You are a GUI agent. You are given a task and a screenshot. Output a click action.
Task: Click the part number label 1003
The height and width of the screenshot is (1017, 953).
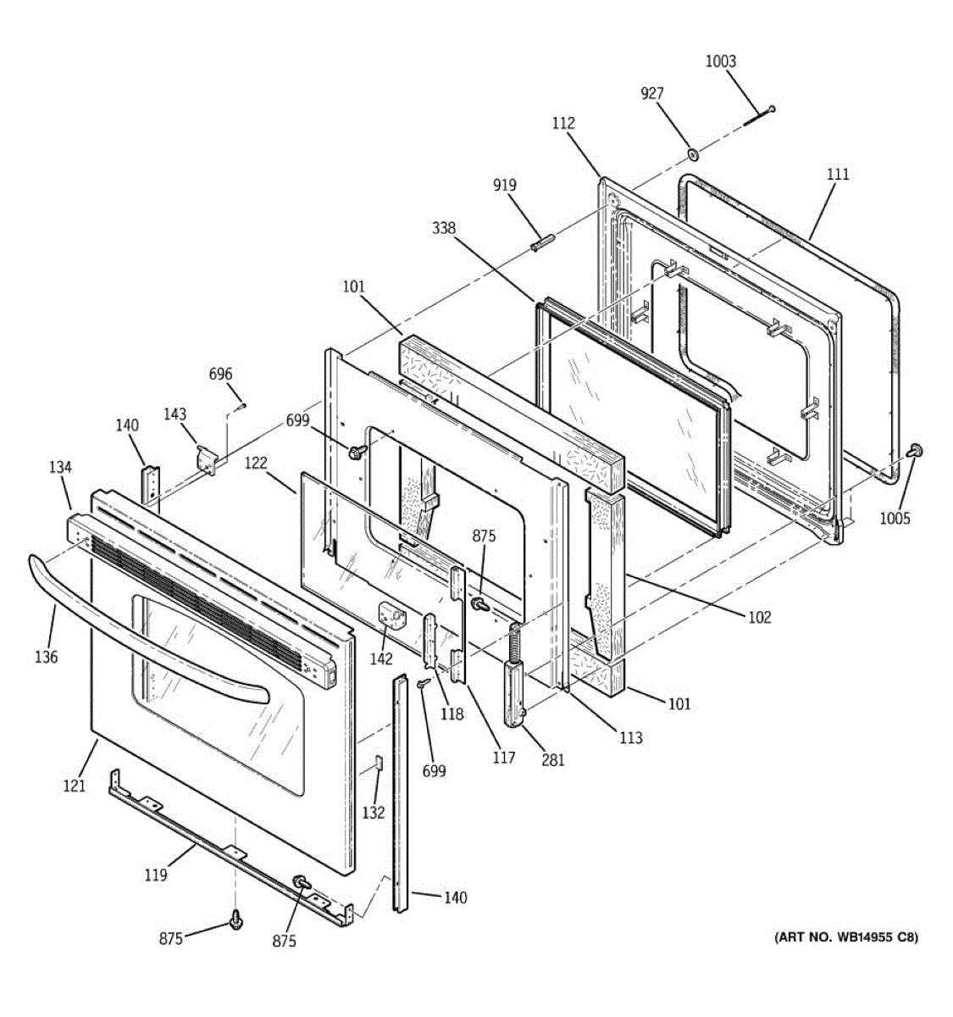[721, 61]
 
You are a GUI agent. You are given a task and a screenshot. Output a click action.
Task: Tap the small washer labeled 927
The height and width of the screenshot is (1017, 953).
[692, 154]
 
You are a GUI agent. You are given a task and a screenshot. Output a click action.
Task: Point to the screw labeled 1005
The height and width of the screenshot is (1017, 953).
[915, 451]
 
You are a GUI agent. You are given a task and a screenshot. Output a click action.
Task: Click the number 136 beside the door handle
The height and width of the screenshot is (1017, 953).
[47, 657]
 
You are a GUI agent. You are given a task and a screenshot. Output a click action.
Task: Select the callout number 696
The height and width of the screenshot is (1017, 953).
[220, 375]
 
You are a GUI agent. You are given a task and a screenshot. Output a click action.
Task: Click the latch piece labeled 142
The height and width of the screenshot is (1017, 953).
[392, 614]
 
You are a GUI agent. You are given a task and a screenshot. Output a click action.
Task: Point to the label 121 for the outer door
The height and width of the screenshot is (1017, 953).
[75, 786]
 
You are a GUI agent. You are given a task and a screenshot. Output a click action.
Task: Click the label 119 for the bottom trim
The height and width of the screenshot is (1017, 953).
[155, 875]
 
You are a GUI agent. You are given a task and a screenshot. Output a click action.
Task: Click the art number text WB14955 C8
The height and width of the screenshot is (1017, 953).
[845, 936]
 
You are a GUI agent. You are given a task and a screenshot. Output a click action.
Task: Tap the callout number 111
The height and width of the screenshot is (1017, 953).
[837, 175]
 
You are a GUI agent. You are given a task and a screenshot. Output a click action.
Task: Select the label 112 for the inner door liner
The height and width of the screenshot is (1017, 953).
[563, 124]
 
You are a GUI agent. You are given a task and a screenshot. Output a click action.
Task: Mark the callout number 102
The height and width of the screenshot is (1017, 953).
[760, 617]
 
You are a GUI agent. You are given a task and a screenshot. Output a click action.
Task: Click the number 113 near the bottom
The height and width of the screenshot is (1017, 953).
[629, 737]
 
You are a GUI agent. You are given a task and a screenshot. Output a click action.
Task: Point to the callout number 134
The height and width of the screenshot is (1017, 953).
[60, 467]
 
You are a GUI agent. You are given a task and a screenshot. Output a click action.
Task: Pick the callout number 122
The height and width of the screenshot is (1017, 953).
[256, 463]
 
